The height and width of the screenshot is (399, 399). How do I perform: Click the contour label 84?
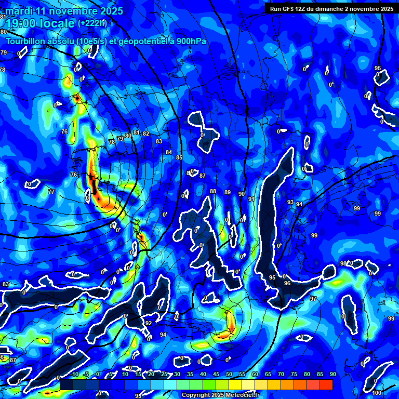tap(168, 152)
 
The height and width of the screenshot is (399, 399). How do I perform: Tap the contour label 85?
tap(179, 157)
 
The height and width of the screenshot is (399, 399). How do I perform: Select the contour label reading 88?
tap(213, 192)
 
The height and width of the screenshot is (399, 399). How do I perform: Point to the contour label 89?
tap(227, 193)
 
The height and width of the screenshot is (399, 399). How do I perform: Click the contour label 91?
tap(251, 199)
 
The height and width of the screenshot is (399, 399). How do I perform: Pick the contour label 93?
tap(290, 202)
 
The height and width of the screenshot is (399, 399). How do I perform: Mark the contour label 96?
tap(287, 283)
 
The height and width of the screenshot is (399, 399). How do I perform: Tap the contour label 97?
tap(313, 299)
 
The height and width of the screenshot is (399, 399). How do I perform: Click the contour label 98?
tap(343, 264)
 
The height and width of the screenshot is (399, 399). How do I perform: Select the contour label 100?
tap(377, 393)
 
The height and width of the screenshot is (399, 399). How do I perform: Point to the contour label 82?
tap(146, 134)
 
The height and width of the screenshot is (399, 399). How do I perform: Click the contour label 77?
tap(51, 192)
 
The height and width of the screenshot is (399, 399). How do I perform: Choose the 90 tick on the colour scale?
tap(332, 374)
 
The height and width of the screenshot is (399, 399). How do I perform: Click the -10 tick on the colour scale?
tap(74, 374)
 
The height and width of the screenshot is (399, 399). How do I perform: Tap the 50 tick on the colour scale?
tap(229, 374)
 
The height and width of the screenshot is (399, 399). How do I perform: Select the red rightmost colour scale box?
tap(326, 384)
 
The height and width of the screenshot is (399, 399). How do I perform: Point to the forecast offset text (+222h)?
tap(92, 23)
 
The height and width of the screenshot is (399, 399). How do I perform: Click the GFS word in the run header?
tap(289, 9)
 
